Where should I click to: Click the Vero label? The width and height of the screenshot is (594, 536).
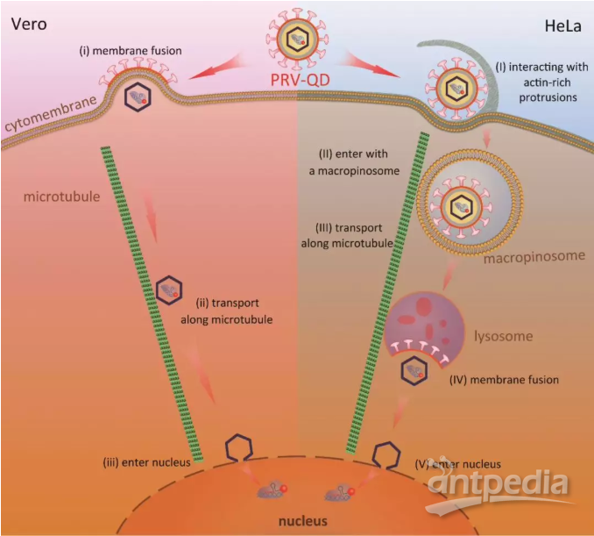[29, 25]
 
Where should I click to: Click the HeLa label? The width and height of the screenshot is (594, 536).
[563, 26]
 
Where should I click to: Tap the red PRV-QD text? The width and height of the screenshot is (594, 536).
[300, 80]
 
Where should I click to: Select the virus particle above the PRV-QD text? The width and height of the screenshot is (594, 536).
[298, 39]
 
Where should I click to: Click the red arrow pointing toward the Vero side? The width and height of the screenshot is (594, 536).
[216, 68]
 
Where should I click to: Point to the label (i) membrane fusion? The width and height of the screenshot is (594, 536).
[131, 51]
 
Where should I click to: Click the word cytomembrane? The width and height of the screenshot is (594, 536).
[51, 113]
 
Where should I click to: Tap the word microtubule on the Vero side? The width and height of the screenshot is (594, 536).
[61, 197]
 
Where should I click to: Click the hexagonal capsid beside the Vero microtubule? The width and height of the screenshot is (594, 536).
[169, 290]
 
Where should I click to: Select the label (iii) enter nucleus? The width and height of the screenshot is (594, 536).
[146, 462]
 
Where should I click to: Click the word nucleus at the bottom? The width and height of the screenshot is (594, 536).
[302, 521]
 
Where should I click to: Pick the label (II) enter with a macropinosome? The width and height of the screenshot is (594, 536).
[354, 162]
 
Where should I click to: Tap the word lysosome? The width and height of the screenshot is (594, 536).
[504, 336]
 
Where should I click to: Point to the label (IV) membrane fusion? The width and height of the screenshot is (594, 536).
[504, 380]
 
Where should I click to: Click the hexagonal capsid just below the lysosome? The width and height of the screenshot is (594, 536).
[414, 370]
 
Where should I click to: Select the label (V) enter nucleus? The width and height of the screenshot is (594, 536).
[457, 464]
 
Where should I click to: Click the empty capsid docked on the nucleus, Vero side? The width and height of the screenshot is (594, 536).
[238, 448]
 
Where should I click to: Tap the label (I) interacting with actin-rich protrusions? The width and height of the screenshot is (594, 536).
[542, 82]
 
